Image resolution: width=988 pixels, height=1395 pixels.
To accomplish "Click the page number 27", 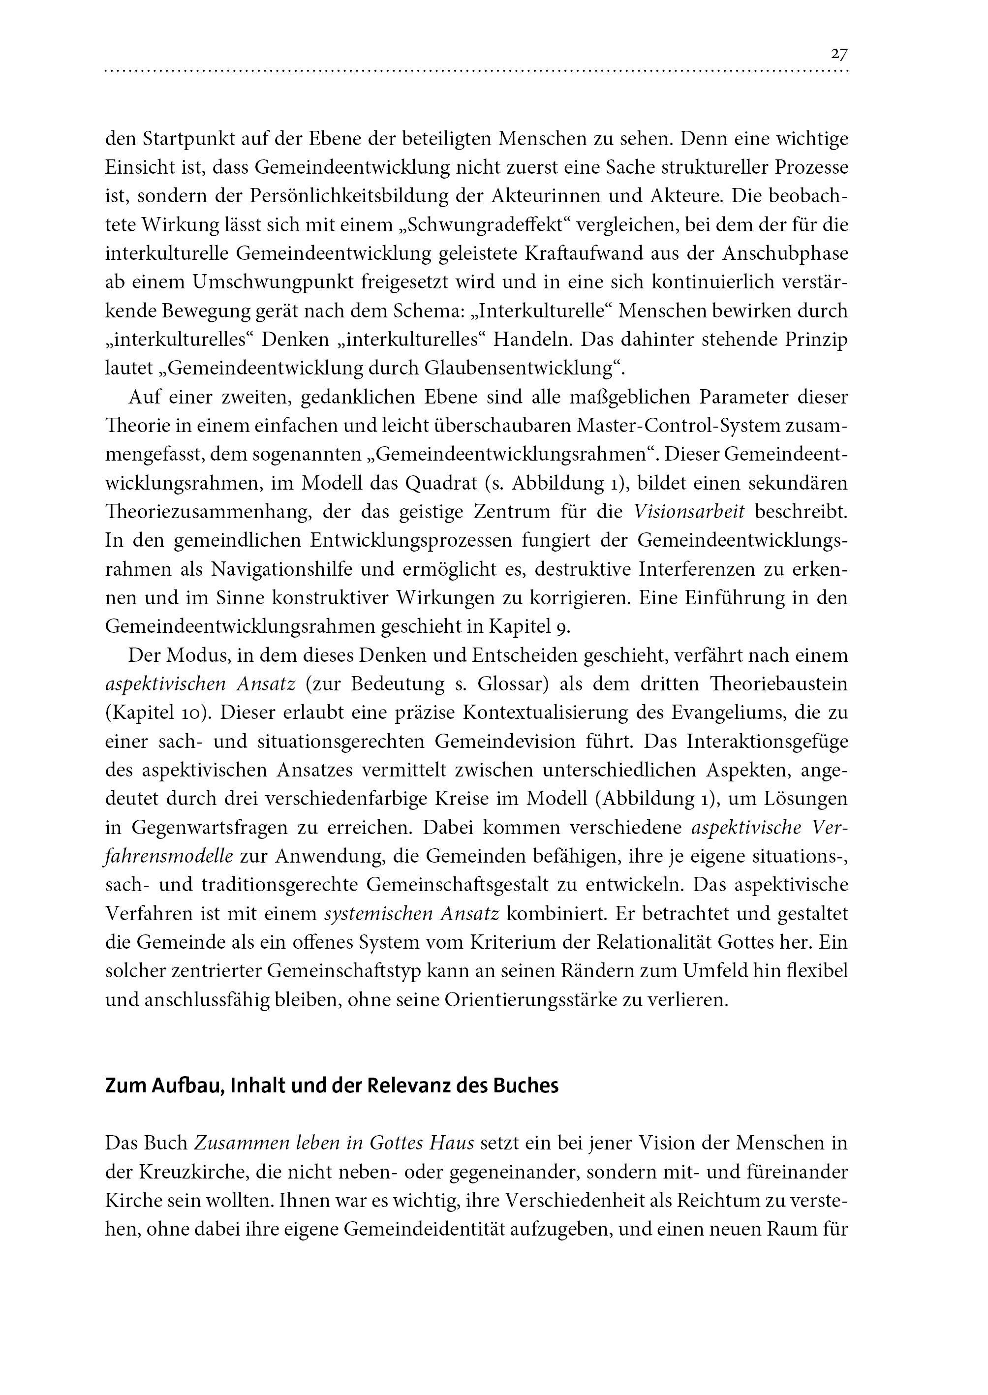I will (839, 54).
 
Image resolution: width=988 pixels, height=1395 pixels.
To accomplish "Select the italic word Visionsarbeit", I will (689, 512).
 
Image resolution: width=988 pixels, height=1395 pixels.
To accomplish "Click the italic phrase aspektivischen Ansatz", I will (201, 684).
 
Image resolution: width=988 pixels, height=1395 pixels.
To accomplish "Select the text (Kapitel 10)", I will (156, 713).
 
